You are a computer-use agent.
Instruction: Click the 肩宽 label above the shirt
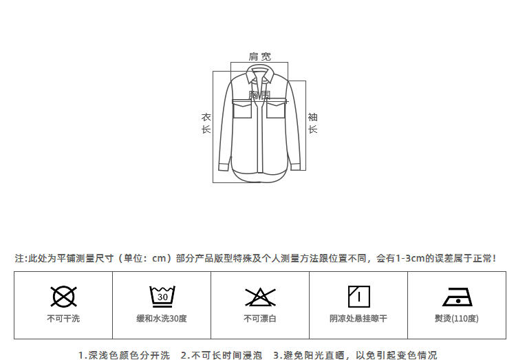point(259,56)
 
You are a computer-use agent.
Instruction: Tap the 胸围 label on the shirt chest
point(259,95)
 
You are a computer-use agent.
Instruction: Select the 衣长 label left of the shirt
point(206,123)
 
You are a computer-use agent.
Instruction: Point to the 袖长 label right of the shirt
point(312,123)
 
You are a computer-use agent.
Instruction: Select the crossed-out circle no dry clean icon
point(63,297)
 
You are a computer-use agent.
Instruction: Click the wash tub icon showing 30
point(162,297)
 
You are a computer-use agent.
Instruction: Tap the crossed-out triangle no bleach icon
point(260,297)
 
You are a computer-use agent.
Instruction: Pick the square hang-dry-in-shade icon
point(358,296)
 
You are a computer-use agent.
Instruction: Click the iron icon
point(457,297)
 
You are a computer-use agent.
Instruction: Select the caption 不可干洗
point(63,319)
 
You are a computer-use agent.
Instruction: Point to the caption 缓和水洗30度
point(162,319)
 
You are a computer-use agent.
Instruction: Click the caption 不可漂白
point(260,319)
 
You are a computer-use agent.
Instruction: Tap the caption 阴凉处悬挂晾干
point(358,319)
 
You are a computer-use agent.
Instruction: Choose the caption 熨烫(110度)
point(457,319)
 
